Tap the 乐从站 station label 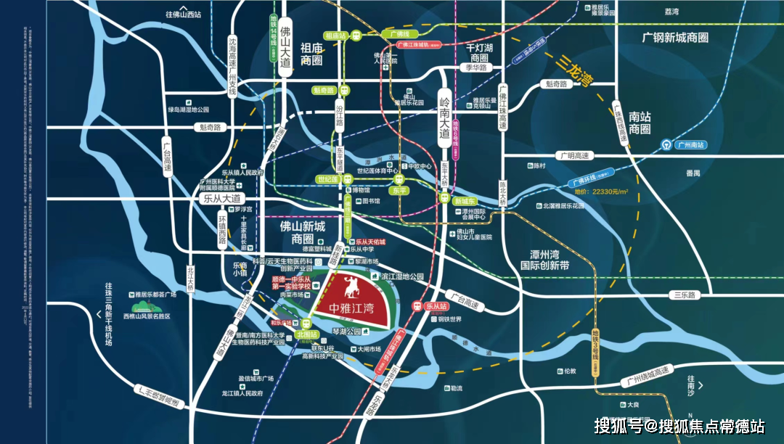pos(433,306)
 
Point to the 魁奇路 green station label pos(324,91)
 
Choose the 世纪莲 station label pos(327,178)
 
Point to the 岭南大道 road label pos(444,118)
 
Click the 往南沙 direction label pos(690,382)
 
